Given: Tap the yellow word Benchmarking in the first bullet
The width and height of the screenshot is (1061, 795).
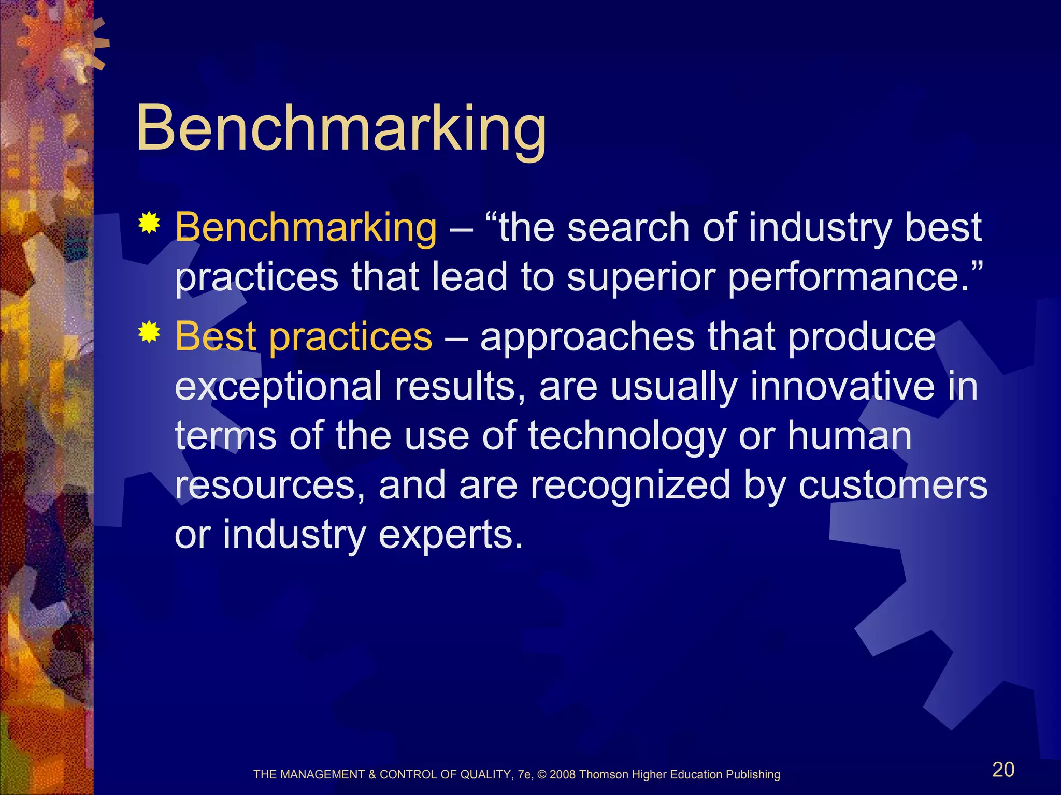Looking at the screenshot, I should [x=306, y=228].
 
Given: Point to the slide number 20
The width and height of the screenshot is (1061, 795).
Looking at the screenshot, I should [x=1003, y=770].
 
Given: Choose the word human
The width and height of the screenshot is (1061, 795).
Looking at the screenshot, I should [x=850, y=436].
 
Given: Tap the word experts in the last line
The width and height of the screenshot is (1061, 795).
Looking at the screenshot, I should [x=450, y=535].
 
